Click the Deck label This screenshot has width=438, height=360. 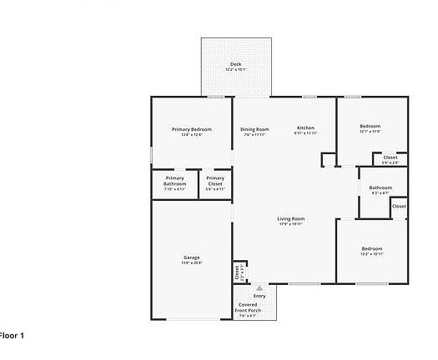(x=235, y=64)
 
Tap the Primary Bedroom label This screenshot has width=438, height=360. (x=191, y=129)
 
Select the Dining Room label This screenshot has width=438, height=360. (x=254, y=129)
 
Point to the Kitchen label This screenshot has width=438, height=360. (x=305, y=128)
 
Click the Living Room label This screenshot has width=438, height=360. (x=291, y=218)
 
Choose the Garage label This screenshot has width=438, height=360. (x=192, y=257)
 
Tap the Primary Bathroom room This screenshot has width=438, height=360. (x=174, y=184)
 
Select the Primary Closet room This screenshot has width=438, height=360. (x=215, y=184)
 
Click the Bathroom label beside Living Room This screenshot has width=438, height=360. (x=380, y=187)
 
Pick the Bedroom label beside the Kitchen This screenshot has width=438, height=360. (x=370, y=127)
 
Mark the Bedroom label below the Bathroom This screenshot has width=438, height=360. (x=372, y=248)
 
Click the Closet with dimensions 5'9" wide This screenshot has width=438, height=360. (x=390, y=157)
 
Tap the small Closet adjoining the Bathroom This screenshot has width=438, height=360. (x=399, y=206)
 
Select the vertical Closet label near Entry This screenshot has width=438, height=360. (x=238, y=270)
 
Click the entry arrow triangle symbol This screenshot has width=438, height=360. (x=259, y=287)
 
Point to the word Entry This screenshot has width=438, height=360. (x=259, y=296)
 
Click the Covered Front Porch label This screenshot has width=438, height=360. (x=249, y=307)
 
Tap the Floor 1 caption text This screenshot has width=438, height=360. (x=12, y=335)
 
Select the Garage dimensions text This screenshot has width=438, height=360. (x=192, y=262)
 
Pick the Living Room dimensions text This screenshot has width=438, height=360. (x=291, y=223)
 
